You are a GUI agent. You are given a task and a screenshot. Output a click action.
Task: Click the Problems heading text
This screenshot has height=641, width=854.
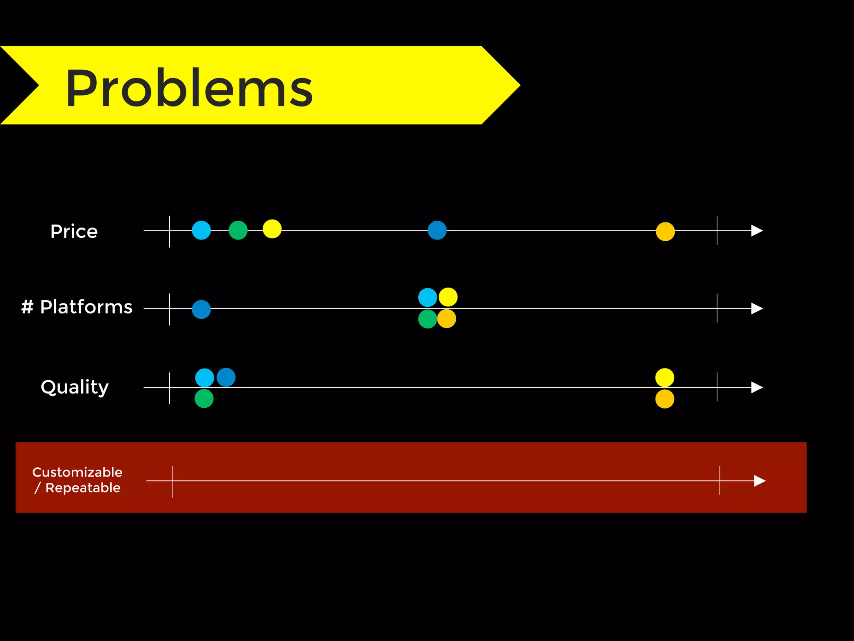(189, 88)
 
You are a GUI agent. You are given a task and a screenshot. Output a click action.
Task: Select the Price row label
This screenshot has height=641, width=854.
(74, 231)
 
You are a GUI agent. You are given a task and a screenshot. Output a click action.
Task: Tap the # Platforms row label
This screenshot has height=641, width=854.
(77, 307)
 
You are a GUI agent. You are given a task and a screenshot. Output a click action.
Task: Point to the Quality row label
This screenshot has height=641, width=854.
(75, 387)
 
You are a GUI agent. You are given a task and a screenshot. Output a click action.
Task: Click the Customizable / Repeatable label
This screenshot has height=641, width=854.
(78, 480)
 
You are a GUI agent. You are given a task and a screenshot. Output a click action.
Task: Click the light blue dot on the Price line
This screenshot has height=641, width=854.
(201, 230)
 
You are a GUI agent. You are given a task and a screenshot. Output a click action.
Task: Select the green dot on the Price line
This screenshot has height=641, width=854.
(238, 230)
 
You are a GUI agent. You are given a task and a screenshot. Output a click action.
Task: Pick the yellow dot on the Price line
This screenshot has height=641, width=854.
(272, 229)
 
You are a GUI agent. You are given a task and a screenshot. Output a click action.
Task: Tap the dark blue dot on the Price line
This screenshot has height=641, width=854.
(437, 230)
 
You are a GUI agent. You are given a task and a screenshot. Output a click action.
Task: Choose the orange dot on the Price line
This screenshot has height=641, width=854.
(665, 232)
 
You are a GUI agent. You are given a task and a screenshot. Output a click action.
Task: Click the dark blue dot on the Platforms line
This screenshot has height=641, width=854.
(201, 309)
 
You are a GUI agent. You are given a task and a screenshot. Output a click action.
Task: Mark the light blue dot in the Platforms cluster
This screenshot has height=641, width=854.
(427, 298)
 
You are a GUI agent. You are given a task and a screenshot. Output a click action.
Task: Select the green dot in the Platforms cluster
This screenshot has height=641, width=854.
(427, 319)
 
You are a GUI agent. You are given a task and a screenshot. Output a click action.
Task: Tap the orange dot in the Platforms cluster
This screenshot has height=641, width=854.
(447, 319)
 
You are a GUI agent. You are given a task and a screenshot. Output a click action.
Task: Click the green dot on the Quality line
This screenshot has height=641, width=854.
(204, 399)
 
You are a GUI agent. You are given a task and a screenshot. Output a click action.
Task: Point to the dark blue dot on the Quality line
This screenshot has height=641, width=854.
(226, 377)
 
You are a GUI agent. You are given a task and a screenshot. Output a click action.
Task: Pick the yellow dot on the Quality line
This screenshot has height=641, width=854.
(665, 378)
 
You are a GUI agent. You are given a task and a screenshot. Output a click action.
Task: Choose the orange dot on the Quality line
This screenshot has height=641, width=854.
(665, 399)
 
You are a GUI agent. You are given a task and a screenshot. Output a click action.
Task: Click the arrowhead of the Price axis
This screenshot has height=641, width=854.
(756, 230)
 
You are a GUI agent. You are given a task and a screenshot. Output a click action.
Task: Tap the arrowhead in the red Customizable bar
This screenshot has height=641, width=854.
(759, 481)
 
